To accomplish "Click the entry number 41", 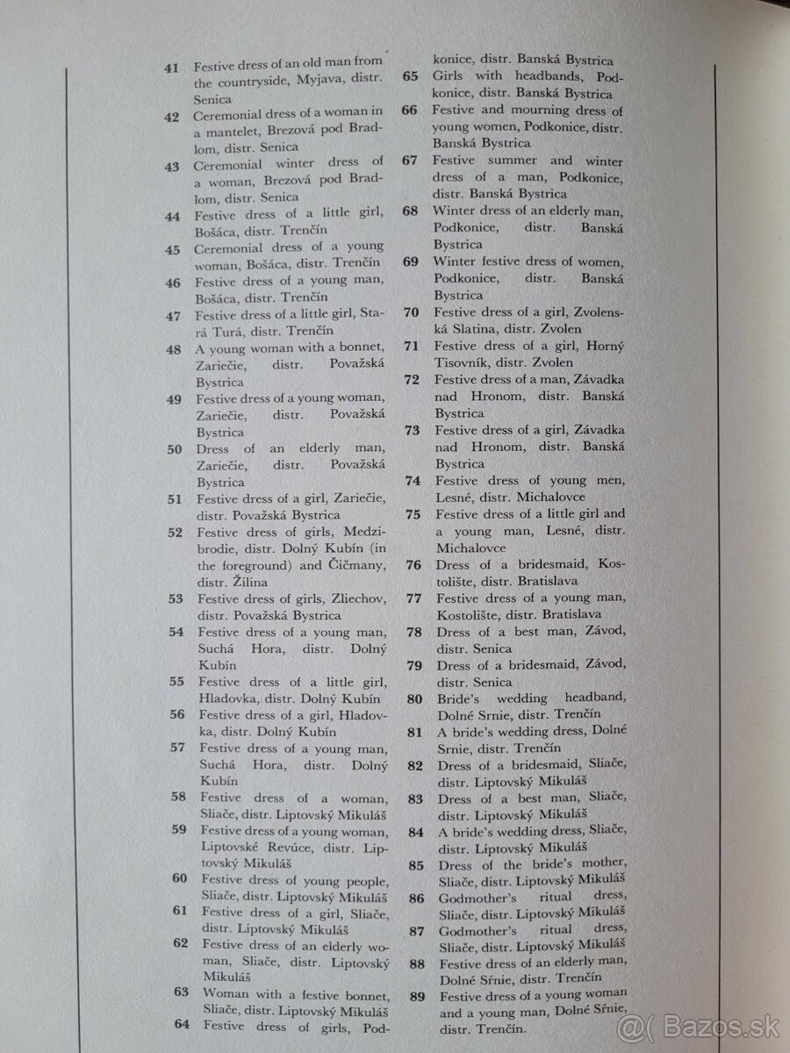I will pos(172,67).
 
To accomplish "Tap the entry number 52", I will pos(175,532).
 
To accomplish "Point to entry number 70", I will pos(412,312).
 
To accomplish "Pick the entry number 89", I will pos(417,995).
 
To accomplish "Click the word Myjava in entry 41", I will pos(303,83).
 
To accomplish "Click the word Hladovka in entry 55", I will pos(226,698).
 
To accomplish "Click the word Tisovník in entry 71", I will pos(463,362).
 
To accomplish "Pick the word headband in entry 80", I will pos(588,698).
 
